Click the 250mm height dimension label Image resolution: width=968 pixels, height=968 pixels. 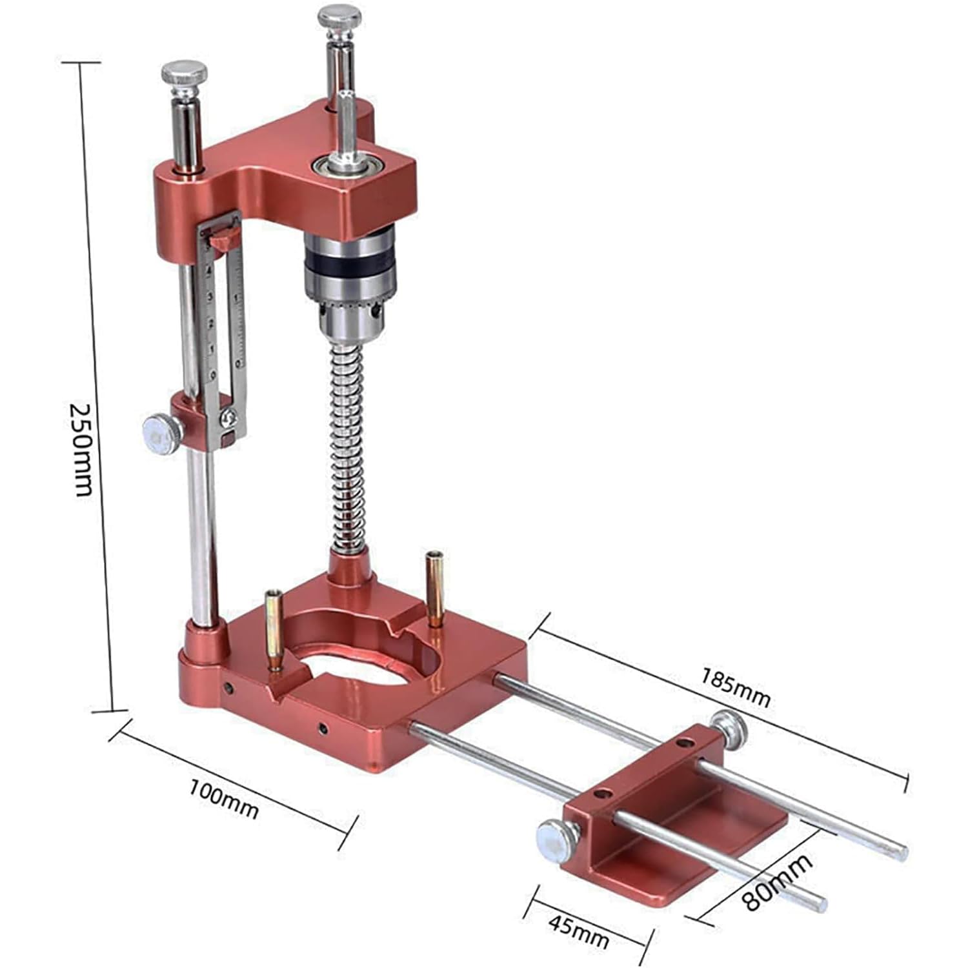[x=82, y=450]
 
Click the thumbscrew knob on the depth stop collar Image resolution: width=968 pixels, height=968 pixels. [x=160, y=434]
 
